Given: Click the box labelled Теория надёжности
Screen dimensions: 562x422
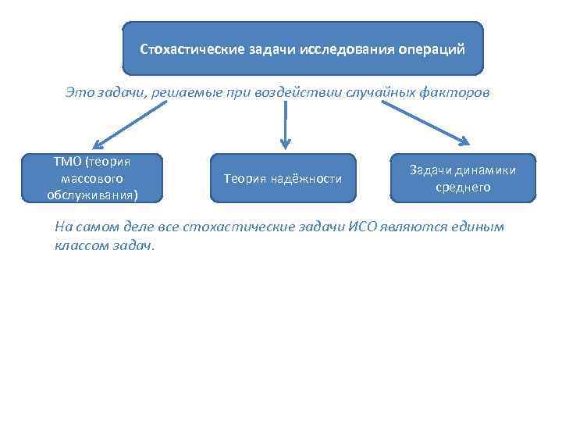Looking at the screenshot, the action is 283,179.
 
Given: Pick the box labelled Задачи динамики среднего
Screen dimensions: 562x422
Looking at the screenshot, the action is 464,178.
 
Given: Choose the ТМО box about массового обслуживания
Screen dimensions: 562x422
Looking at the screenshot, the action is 93,178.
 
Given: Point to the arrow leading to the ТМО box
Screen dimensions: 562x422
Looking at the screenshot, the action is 130,124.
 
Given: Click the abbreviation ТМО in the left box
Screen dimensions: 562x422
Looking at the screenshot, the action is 69,162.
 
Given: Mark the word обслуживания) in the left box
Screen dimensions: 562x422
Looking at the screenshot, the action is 93,195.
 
